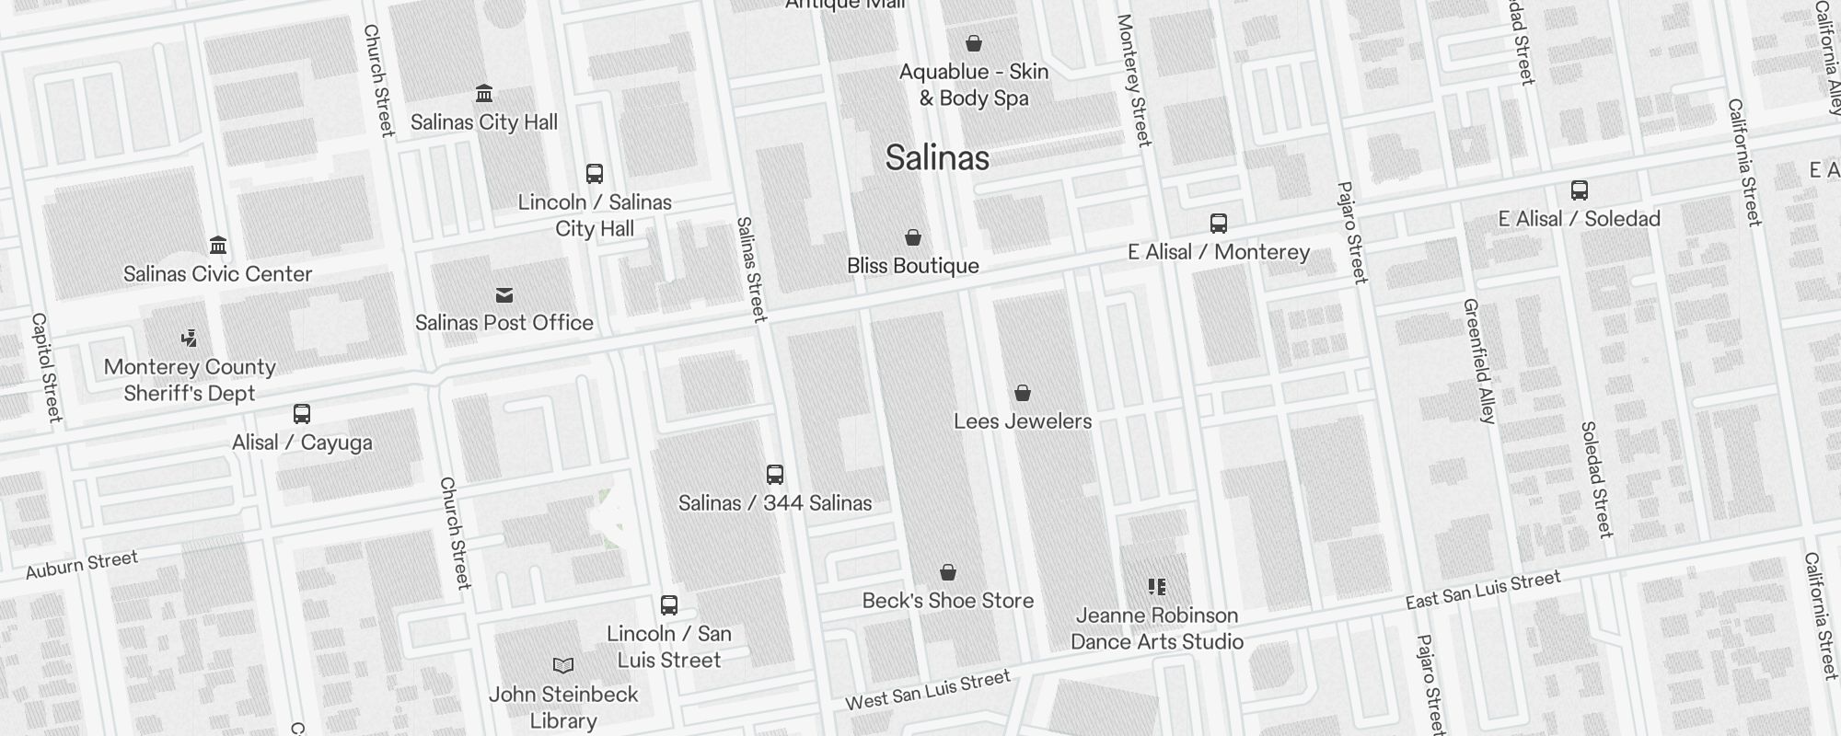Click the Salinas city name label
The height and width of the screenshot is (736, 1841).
[937, 158]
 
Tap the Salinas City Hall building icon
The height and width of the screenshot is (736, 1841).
[484, 93]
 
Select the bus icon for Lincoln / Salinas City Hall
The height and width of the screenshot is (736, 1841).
[595, 173]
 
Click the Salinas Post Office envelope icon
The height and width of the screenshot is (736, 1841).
[504, 294]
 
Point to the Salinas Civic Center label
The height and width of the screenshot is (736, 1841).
[218, 274]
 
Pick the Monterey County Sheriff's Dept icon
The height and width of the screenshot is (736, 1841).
[190, 338]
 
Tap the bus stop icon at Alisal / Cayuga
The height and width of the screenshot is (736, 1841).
[302, 413]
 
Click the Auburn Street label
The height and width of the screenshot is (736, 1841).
[82, 565]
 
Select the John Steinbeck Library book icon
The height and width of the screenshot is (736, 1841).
[563, 665]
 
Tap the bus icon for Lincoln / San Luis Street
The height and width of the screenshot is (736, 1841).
[669, 604]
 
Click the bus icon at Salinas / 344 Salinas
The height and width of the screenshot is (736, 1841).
[775, 474]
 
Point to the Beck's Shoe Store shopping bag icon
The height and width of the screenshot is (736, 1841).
[948, 572]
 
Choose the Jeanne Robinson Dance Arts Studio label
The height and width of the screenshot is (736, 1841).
[1157, 628]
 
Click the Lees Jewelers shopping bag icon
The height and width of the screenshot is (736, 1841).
[1023, 393]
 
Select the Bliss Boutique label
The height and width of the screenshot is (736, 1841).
[913, 266]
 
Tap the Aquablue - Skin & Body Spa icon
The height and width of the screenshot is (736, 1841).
[974, 43]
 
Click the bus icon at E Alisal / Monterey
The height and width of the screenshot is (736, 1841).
[1219, 223]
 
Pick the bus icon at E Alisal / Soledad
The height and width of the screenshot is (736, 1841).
[1580, 190]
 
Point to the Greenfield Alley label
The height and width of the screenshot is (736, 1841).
[1480, 361]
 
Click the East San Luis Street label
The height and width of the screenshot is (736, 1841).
[1483, 590]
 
